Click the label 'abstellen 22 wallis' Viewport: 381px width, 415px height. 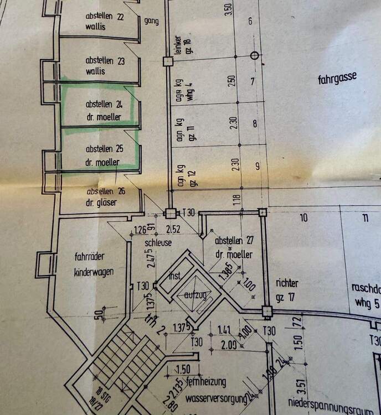pyautogui.click(x=105, y=21)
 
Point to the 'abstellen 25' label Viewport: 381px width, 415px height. pyautogui.click(x=104, y=149)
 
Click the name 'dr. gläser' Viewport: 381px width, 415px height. pyautogui.click(x=101, y=203)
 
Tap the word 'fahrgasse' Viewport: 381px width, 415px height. pyautogui.click(x=337, y=79)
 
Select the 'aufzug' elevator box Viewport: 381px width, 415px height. pyautogui.click(x=196, y=296)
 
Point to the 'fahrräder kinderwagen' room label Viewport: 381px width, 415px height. pyautogui.click(x=94, y=264)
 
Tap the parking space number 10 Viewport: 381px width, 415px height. pyautogui.click(x=303, y=217)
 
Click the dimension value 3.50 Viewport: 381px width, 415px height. pyautogui.click(x=229, y=9)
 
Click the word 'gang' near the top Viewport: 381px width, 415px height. pyautogui.click(x=151, y=21)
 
